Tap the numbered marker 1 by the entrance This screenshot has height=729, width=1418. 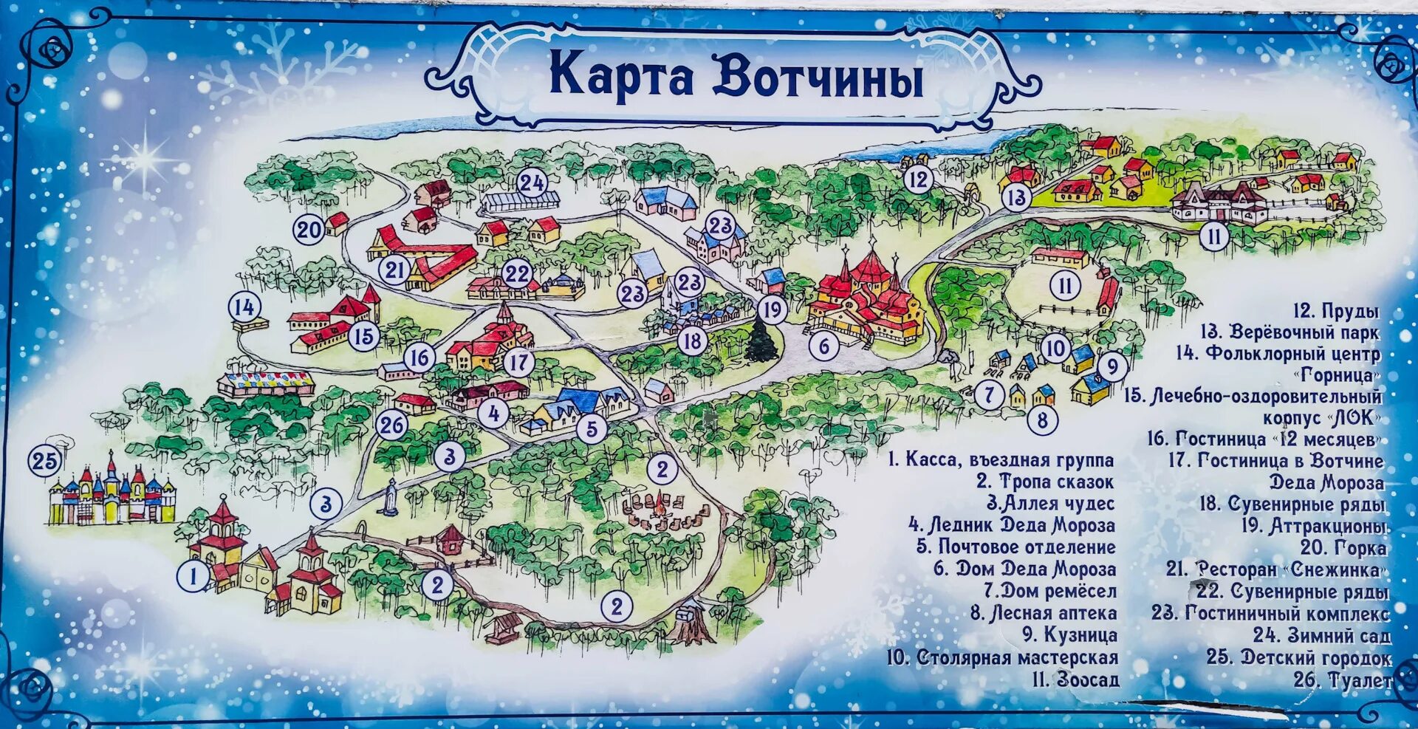click(x=193, y=575)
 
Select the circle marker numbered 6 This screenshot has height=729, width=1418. click(x=824, y=345)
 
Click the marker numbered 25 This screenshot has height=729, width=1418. click(x=44, y=461)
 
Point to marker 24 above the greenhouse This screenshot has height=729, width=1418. click(x=531, y=183)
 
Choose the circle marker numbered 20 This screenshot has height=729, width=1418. click(x=309, y=230)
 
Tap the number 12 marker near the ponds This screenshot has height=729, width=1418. click(x=918, y=179)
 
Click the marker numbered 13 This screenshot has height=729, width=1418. click(x=1016, y=197)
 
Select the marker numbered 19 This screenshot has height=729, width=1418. click(x=772, y=309)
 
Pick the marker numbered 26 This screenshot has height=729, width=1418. click(x=391, y=425)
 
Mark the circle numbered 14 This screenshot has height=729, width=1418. click(x=244, y=307)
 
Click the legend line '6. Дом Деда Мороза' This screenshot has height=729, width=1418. click(x=1024, y=569)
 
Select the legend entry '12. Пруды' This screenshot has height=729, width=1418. click(x=1335, y=311)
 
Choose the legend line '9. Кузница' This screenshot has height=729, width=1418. click(x=1069, y=634)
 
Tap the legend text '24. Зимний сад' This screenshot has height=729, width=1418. click(x=1321, y=635)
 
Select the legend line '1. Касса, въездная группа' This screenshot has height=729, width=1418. click(x=1001, y=459)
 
